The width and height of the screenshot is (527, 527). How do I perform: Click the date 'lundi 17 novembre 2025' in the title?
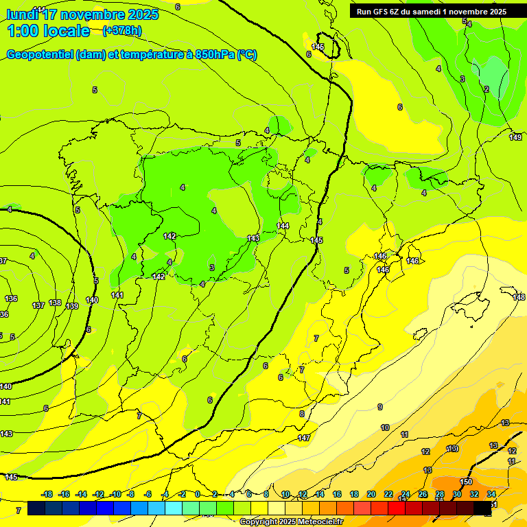coord(82,14)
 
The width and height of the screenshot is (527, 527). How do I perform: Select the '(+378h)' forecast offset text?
coord(122,30)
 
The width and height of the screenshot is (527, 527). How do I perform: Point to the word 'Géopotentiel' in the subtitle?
coord(41,55)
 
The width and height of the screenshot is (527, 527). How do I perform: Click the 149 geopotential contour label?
coord(515,137)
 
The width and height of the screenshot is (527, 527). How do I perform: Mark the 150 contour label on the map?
coord(466,482)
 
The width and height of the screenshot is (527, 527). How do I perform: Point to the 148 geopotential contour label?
coord(519,297)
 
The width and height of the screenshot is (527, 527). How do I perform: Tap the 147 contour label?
coord(304,438)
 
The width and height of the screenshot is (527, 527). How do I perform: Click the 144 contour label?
coord(283,226)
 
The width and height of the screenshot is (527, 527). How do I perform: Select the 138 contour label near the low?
coord(55,303)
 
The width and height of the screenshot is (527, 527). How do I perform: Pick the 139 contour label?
coord(73,306)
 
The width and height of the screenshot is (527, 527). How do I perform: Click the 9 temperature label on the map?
coord(380,407)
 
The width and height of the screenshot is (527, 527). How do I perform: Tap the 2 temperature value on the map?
coord(486,89)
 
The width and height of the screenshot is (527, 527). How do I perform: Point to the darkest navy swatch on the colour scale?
coord(37,508)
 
